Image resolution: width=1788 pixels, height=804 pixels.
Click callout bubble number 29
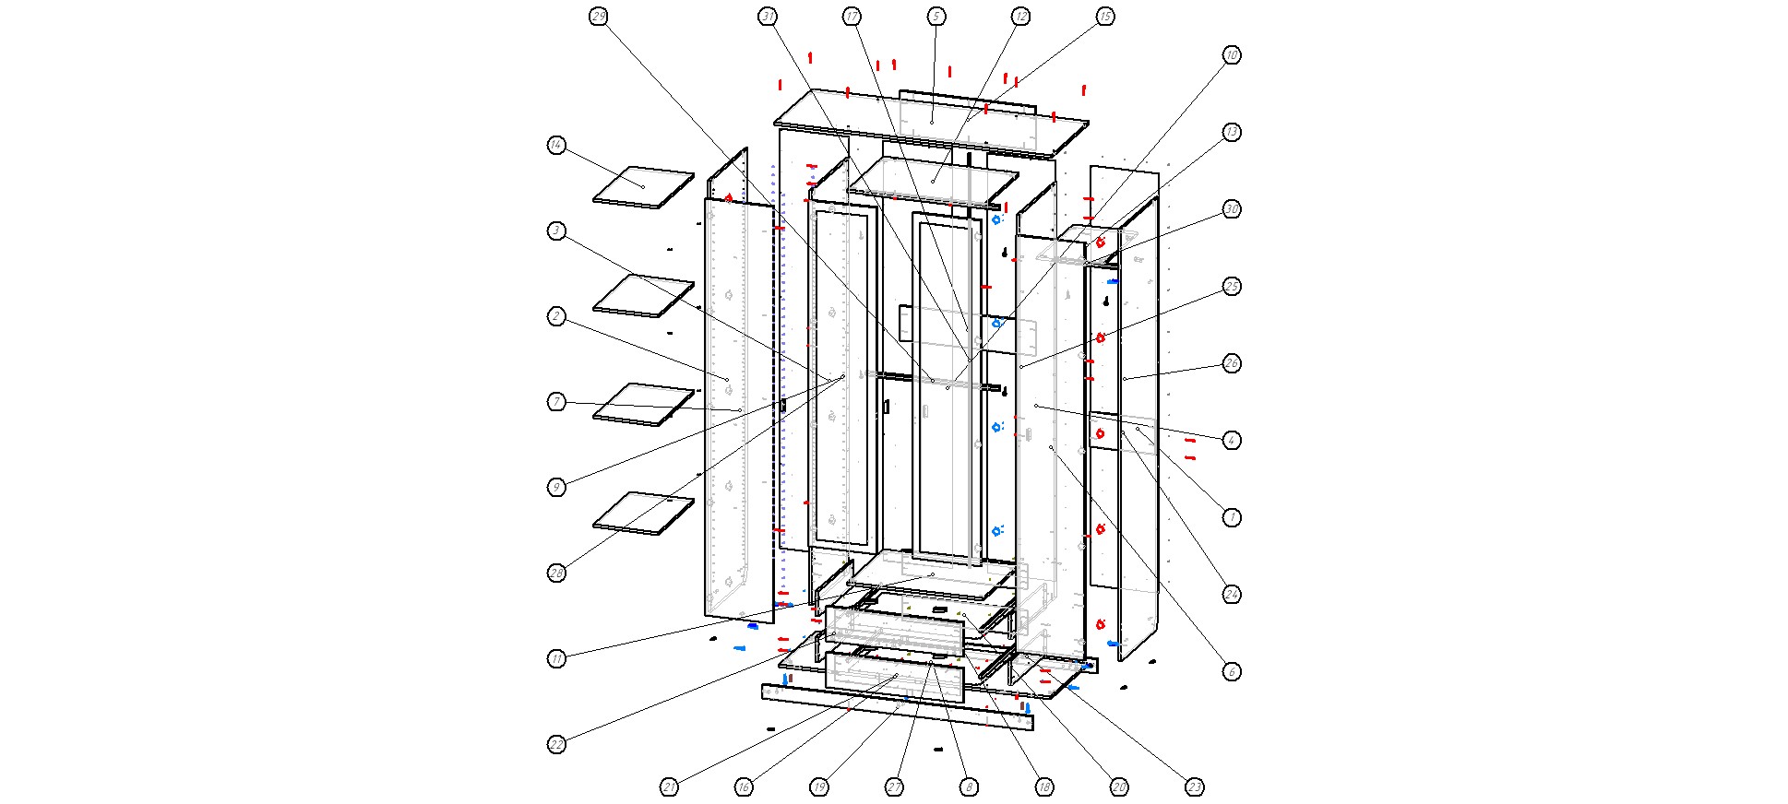pyautogui.click(x=599, y=17)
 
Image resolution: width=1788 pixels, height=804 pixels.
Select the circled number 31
pyautogui.click(x=768, y=17)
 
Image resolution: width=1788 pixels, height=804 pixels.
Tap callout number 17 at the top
pyautogui.click(x=852, y=17)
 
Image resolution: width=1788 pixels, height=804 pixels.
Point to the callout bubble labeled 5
pyautogui.click(x=936, y=17)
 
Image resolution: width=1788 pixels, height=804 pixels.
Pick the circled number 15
pyautogui.click(x=1104, y=17)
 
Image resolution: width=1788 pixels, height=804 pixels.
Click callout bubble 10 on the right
pyautogui.click(x=1231, y=55)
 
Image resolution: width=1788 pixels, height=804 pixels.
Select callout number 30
pyautogui.click(x=1231, y=209)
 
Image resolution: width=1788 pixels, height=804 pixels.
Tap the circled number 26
pyautogui.click(x=1231, y=363)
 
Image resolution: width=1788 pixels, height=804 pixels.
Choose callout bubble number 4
pyautogui.click(x=1231, y=441)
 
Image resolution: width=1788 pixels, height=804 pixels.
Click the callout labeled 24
pyautogui.click(x=1231, y=595)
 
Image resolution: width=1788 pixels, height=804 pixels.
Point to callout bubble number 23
pyautogui.click(x=1194, y=787)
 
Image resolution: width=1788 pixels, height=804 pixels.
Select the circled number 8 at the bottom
pyautogui.click(x=968, y=787)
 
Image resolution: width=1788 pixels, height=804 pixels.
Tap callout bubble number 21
pyautogui.click(x=669, y=787)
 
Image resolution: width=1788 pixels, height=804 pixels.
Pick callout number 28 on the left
pyautogui.click(x=556, y=573)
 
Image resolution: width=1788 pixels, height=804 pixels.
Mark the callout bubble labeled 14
pyautogui.click(x=556, y=146)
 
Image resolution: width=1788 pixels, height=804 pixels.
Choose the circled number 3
pyautogui.click(x=556, y=231)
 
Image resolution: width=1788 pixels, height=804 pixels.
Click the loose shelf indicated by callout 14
pyautogui.click(x=643, y=188)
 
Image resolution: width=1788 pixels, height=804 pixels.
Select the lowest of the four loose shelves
pyautogui.click(x=643, y=514)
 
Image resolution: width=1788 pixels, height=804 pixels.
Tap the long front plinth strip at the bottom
pyautogui.click(x=895, y=707)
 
